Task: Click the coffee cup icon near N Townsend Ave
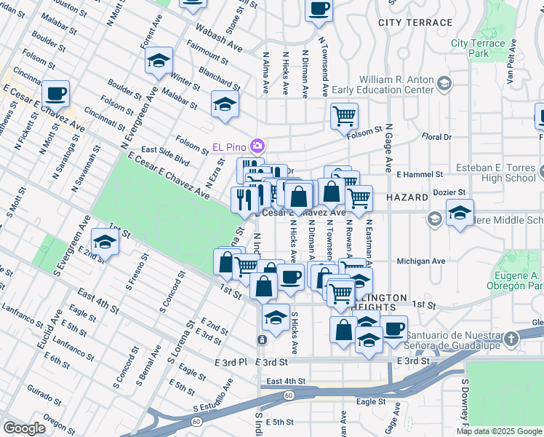319,10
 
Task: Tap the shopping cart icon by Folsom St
344,115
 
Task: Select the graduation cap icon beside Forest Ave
159,63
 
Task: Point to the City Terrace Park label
478,48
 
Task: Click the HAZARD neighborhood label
408,197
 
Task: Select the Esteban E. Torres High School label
495,173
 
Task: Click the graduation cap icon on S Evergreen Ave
105,243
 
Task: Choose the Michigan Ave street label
420,261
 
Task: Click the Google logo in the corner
24,428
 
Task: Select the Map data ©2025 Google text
499,431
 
